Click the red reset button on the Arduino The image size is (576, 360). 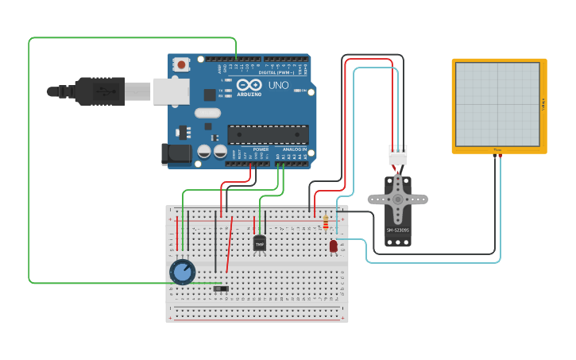(181, 64)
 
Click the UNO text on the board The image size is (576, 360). (278, 85)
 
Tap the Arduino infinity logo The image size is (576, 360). (249, 85)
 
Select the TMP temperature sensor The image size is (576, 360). (259, 243)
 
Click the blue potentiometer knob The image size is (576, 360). (183, 273)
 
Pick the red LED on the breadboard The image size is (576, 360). (333, 246)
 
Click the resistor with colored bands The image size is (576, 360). (325, 223)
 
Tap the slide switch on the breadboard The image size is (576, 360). (222, 288)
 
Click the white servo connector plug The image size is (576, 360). (397, 155)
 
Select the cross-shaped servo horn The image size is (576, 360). (397, 199)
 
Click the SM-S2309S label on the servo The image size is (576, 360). (397, 230)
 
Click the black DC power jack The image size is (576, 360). (176, 154)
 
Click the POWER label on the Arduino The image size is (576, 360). (261, 149)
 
